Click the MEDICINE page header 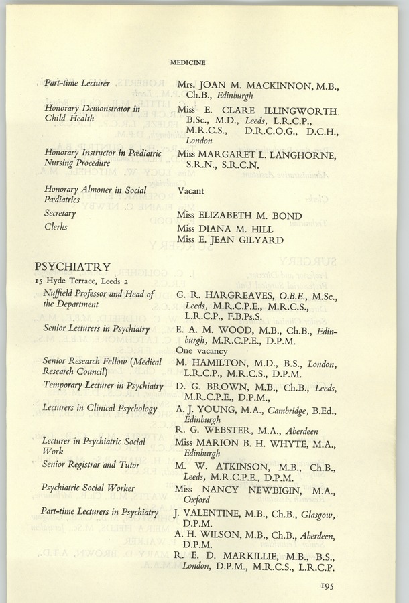tap(188, 63)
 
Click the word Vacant tap(192, 190)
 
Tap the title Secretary tap(60, 214)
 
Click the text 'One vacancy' tap(201, 350)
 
